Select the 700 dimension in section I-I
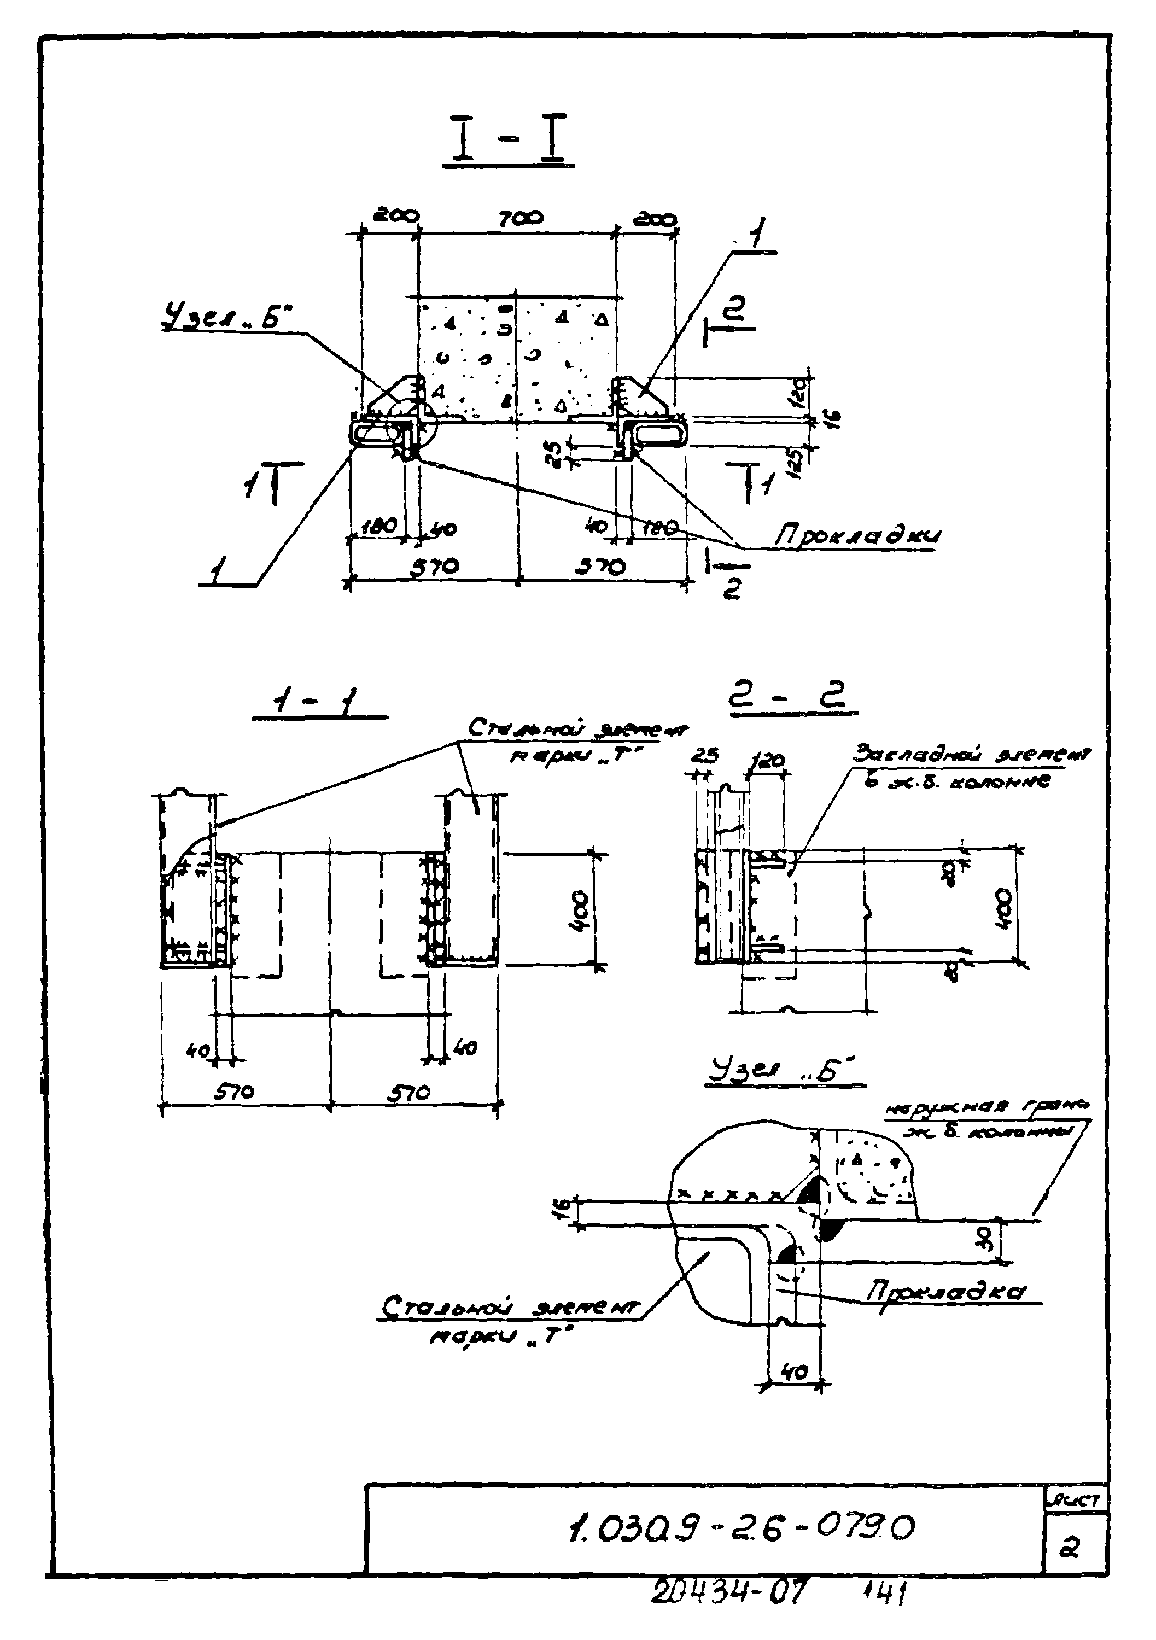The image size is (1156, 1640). click(520, 217)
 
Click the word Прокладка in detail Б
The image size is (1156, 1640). click(947, 1292)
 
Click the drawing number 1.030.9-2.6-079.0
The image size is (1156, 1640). click(741, 1528)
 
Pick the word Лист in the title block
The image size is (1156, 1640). click(1075, 1501)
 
